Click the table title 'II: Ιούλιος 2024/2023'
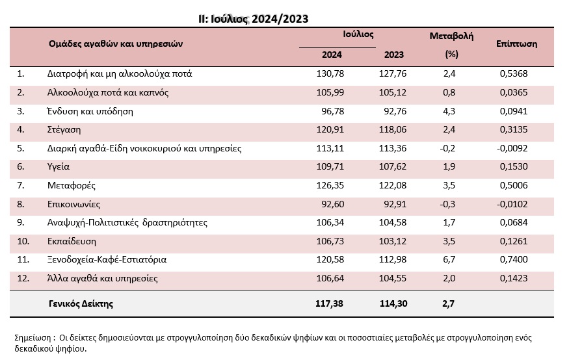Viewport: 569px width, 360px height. [x=254, y=19]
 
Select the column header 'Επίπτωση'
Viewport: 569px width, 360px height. [x=516, y=44]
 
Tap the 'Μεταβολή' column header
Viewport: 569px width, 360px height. [x=451, y=36]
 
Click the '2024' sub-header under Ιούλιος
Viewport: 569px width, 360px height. [x=332, y=55]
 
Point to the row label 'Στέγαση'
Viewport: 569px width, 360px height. [x=64, y=130]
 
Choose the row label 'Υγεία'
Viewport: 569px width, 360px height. [x=59, y=167]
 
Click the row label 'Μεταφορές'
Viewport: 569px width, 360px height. [x=72, y=186]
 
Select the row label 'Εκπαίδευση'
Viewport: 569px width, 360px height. [x=72, y=242]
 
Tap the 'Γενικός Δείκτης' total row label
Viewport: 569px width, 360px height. [x=81, y=304]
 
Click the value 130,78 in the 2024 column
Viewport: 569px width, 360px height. [x=330, y=73]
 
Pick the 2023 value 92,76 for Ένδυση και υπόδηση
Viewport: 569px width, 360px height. [x=395, y=111]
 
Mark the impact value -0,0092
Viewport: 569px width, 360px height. [x=512, y=148]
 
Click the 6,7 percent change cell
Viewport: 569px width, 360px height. [x=449, y=259]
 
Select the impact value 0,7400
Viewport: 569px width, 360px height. [x=514, y=259]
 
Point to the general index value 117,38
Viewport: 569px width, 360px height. [x=329, y=304]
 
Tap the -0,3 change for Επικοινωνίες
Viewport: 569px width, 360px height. [x=447, y=204]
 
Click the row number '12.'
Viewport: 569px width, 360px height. [x=23, y=278]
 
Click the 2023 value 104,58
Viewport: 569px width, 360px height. [x=393, y=223]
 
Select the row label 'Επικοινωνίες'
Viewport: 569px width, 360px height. [x=73, y=205]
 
